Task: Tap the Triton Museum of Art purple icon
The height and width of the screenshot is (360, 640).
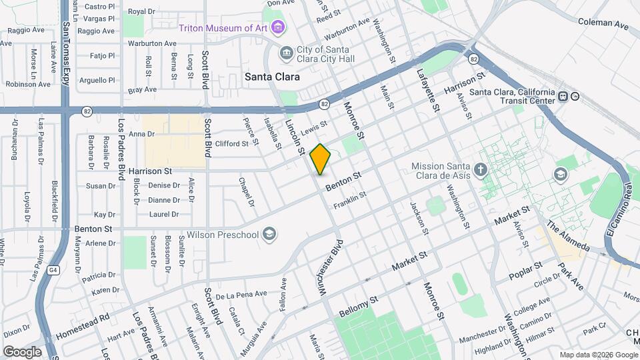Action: pos(278,28)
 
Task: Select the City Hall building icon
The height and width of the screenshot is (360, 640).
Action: pos(286,53)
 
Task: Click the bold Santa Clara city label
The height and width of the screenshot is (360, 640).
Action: pos(272,77)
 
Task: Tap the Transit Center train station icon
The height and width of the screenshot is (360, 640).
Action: pos(563,96)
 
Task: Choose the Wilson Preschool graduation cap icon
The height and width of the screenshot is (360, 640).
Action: pos(269,234)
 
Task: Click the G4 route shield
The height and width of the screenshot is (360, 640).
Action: pos(53,271)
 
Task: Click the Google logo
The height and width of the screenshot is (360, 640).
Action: pos(22,351)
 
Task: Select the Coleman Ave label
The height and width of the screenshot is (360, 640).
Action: pos(603,23)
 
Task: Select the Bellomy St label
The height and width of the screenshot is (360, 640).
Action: pos(359,307)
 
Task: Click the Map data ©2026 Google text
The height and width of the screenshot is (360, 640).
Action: pos(598,355)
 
